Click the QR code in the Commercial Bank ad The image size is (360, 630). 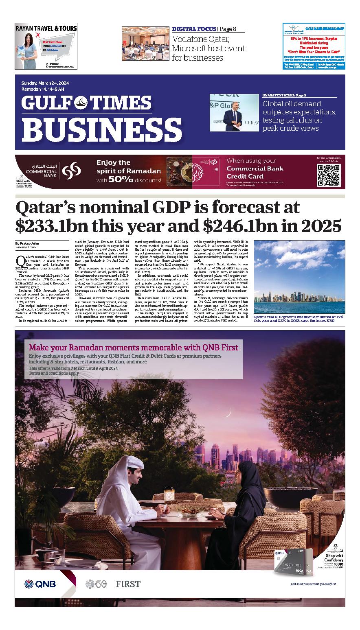328,175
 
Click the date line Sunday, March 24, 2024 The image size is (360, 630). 45,83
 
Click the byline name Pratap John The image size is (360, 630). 29,243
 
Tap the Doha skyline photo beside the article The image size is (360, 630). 299,277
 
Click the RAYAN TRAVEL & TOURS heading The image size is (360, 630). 46,28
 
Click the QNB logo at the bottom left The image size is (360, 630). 40,584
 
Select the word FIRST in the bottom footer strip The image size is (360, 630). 128,584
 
